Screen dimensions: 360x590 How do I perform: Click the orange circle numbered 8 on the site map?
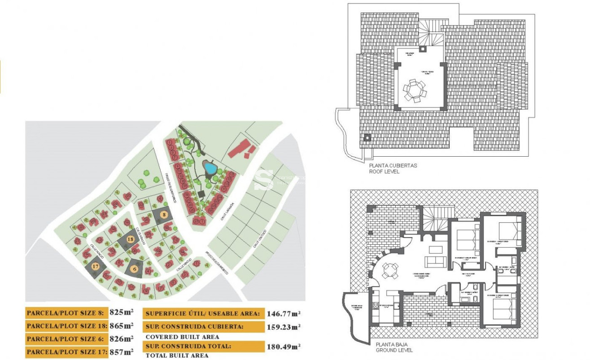pyautogui.click(x=164, y=215)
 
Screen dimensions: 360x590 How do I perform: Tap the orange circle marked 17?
pyautogui.click(x=95, y=266)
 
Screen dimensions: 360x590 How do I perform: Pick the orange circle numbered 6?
pyautogui.click(x=135, y=269)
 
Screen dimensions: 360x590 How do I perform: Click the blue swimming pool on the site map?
pyautogui.click(x=210, y=168)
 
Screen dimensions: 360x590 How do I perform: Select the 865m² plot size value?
pyautogui.click(x=122, y=325)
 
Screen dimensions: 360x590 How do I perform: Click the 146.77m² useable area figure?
pyautogui.click(x=284, y=314)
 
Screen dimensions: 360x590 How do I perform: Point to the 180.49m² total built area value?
pyautogui.click(x=284, y=346)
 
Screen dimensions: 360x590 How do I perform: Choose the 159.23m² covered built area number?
pyautogui.click(x=284, y=327)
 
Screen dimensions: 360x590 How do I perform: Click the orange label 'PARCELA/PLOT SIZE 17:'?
pyautogui.click(x=67, y=352)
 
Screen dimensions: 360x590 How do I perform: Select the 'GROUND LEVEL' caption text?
pyautogui.click(x=394, y=350)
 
